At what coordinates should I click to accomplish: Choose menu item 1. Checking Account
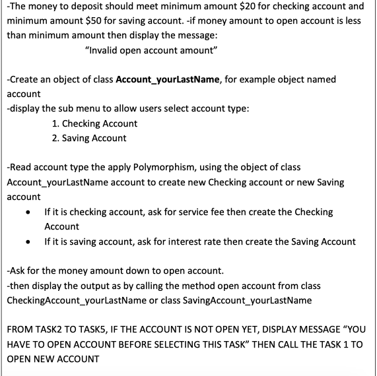(94, 123)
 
